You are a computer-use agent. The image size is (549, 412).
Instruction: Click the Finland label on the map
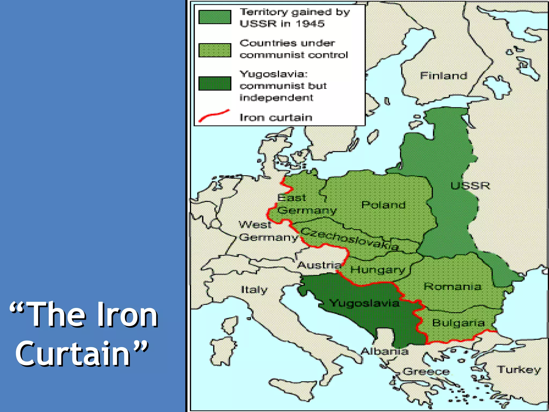click(x=443, y=76)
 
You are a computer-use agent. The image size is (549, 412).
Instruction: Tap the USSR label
click(x=470, y=186)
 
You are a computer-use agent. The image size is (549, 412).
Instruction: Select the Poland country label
click(x=383, y=205)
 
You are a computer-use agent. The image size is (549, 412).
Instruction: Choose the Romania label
click(x=452, y=286)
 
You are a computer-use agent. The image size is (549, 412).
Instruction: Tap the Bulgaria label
click(x=458, y=323)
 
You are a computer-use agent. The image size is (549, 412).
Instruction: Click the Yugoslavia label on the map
click(x=364, y=303)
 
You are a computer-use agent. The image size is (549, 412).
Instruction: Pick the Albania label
click(x=385, y=351)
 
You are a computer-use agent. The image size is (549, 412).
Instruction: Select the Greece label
click(x=426, y=371)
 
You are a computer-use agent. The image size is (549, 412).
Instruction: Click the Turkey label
click(x=519, y=370)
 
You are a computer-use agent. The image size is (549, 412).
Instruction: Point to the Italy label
click(x=254, y=290)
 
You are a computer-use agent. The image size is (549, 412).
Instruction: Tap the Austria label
click(x=319, y=265)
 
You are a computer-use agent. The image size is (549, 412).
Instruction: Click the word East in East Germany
click(x=291, y=198)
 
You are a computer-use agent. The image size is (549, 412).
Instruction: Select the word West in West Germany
click(x=255, y=225)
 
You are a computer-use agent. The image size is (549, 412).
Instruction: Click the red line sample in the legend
click(x=214, y=116)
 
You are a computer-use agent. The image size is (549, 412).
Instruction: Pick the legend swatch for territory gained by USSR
click(x=215, y=17)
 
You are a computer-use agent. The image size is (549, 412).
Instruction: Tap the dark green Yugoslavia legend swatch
click(x=215, y=83)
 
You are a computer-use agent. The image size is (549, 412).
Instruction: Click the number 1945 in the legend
click(x=310, y=24)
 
